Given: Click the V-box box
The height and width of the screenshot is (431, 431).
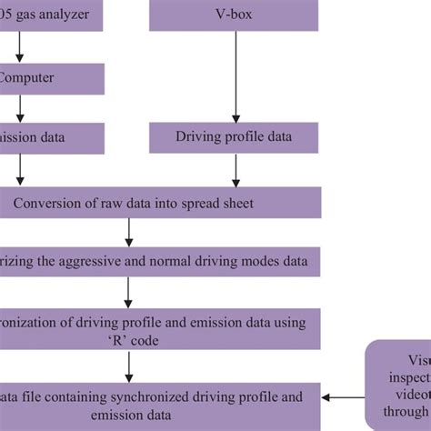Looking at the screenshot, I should click(x=236, y=16).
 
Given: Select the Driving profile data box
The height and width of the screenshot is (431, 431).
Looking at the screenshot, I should click(x=236, y=137).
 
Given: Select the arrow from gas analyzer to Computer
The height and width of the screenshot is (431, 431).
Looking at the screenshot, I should click(x=20, y=47).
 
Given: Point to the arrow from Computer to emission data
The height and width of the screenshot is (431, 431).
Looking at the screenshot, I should click(x=20, y=107).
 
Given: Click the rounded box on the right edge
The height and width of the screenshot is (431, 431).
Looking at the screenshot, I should click(x=401, y=382).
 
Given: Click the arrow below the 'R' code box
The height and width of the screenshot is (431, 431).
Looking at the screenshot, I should click(x=129, y=366).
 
